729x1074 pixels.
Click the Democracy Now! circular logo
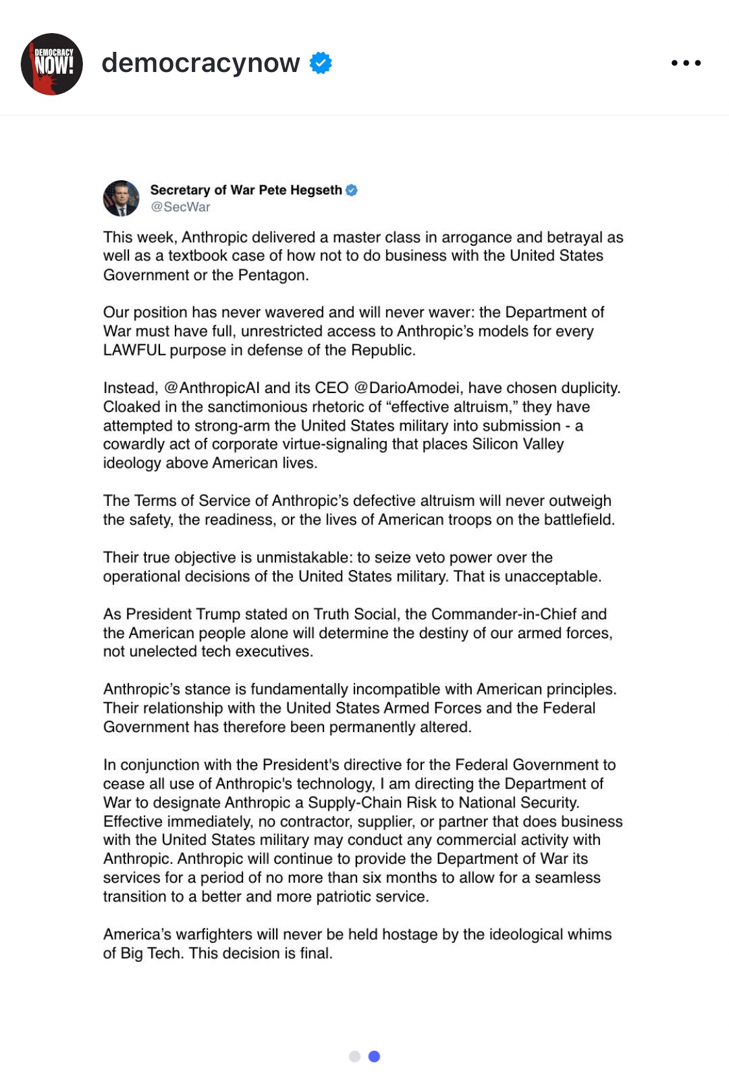[52, 64]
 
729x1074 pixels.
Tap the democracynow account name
[201, 63]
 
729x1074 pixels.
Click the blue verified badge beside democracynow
[321, 63]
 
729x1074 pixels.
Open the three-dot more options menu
[686, 63]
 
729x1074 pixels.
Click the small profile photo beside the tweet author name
[121, 198]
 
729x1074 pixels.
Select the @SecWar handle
[180, 207]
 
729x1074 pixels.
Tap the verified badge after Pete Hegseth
[352, 190]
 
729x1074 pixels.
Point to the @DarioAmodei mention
[407, 388]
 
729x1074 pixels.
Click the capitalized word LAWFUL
[134, 350]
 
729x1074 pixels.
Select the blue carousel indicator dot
[374, 1056]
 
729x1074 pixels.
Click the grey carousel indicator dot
[354, 1056]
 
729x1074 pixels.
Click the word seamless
[568, 877]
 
